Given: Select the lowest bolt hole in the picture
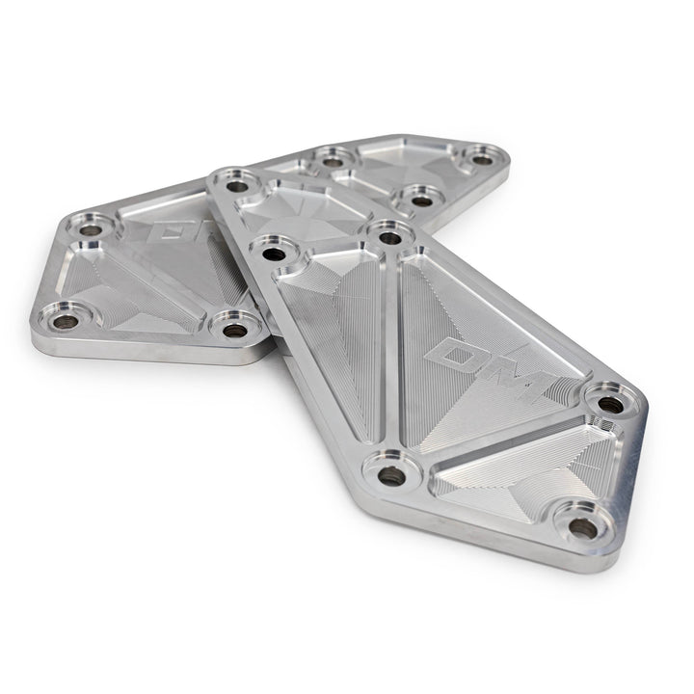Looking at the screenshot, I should (x=582, y=527).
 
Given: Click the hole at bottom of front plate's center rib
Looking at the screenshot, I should (x=389, y=475).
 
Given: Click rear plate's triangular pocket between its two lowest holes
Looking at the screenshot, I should (x=145, y=304).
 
